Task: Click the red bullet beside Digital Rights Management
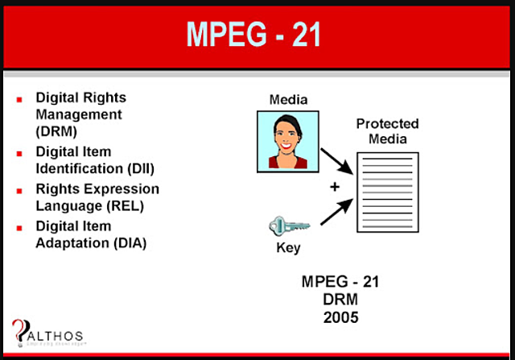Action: (x=19, y=98)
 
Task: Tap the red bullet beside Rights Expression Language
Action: (x=19, y=190)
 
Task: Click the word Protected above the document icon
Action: (x=388, y=123)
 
